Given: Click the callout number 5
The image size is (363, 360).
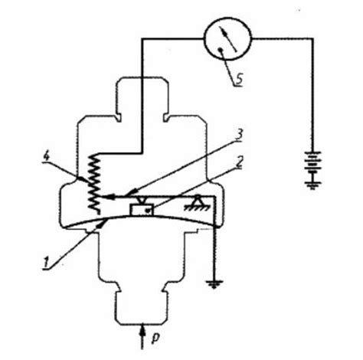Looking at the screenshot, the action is [239, 79].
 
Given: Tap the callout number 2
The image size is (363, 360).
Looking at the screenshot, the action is [239, 162].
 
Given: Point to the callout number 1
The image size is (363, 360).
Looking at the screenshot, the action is [47, 263].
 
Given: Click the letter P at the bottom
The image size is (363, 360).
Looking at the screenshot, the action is [155, 338].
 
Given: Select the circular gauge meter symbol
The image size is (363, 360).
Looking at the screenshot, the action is [227, 39].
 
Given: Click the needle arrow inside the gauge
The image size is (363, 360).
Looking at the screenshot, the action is [229, 40].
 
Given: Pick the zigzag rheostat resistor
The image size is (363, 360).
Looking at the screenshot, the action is [94, 184].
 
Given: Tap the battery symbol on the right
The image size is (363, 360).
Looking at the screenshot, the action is [313, 162].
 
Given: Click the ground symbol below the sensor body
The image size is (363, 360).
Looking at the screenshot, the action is [214, 284].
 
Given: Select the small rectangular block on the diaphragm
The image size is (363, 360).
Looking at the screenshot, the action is [142, 210].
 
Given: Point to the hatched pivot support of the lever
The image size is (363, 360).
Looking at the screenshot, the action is [197, 205].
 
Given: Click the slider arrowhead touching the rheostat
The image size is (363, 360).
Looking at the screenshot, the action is [107, 197].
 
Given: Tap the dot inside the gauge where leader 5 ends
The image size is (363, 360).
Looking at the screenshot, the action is [221, 50].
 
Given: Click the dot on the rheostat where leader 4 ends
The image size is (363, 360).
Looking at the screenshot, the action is [82, 178].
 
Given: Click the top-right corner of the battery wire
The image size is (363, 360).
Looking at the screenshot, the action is [312, 39].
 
